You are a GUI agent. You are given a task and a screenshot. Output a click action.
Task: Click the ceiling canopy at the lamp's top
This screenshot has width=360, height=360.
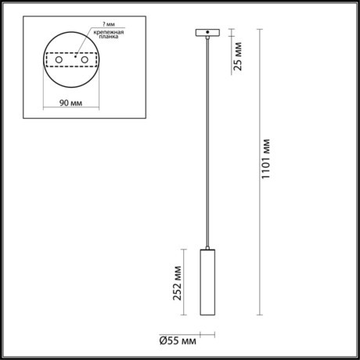(207, 34)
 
